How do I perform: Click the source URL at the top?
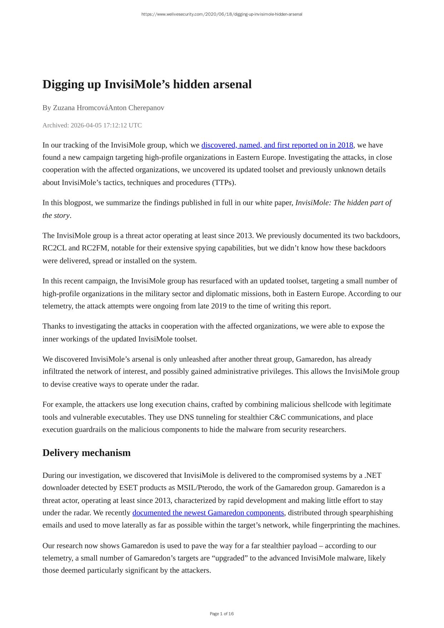[x=222, y=14]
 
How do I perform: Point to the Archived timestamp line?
[x=92, y=125]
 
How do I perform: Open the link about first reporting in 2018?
[x=277, y=145]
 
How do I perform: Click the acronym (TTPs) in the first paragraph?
[x=224, y=183]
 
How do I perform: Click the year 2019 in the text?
[x=218, y=306]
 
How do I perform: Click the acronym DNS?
[x=186, y=417]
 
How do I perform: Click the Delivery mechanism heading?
[x=87, y=453]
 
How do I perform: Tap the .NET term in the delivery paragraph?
[x=373, y=475]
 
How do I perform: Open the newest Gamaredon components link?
[x=208, y=513]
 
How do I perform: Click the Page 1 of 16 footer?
[x=222, y=614]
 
